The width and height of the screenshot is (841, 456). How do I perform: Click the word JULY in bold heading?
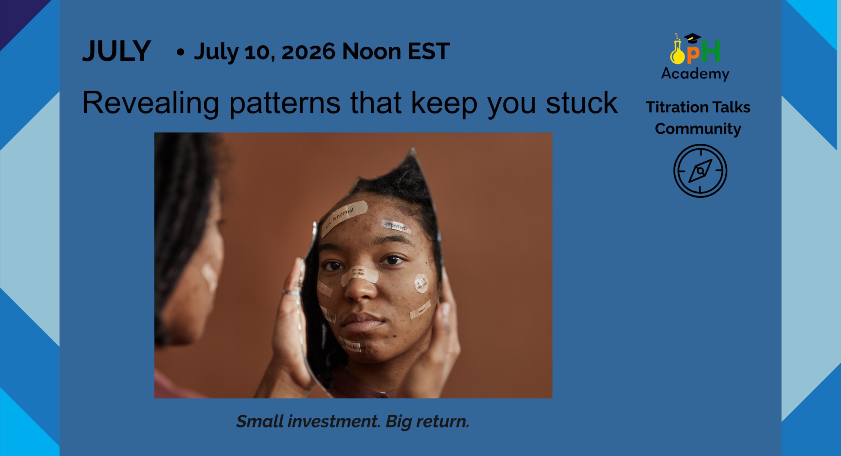pos(116,51)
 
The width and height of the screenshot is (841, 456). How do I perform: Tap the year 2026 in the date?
pos(308,51)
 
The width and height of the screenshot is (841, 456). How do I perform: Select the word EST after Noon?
pos(429,51)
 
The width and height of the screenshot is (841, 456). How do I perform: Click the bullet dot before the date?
pos(180,52)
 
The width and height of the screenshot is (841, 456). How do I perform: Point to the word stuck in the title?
pos(581,103)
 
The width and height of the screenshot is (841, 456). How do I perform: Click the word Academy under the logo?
pos(695,74)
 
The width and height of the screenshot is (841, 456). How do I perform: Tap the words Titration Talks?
pos(698,107)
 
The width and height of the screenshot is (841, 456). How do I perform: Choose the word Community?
pos(698,129)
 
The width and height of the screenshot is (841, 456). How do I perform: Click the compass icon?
pos(700,171)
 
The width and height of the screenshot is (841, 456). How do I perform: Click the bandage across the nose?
pos(359,275)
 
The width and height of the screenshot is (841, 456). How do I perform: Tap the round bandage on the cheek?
pos(421,283)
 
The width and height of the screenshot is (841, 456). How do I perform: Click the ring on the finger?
pos(290,293)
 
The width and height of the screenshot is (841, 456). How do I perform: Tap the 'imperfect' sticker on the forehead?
pos(396,226)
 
